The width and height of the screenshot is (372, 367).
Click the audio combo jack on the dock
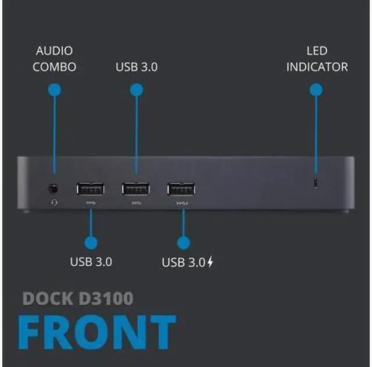click(x=54, y=188)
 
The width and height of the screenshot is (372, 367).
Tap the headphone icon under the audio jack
click(x=55, y=202)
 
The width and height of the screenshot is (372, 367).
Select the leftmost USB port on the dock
click(x=90, y=189)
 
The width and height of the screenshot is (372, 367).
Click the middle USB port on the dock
click(x=135, y=189)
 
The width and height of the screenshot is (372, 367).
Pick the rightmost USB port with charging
click(x=181, y=189)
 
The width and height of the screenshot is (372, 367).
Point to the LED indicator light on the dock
click(x=316, y=184)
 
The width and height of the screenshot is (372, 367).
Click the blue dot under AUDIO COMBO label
click(x=54, y=89)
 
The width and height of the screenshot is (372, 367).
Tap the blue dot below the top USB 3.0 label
click(x=137, y=89)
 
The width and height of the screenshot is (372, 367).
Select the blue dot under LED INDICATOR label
click(x=316, y=89)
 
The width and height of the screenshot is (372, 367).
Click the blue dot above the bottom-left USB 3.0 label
click(x=91, y=243)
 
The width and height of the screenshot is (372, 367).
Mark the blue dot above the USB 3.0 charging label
click(x=184, y=243)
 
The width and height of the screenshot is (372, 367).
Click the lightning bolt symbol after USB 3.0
click(x=210, y=262)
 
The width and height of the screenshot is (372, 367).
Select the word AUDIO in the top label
click(x=54, y=51)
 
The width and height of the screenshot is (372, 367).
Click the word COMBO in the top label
click(x=54, y=67)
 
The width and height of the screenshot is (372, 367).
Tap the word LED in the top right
click(x=317, y=51)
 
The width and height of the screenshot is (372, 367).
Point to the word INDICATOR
click(x=317, y=67)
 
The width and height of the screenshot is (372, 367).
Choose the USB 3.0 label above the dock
click(x=137, y=67)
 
